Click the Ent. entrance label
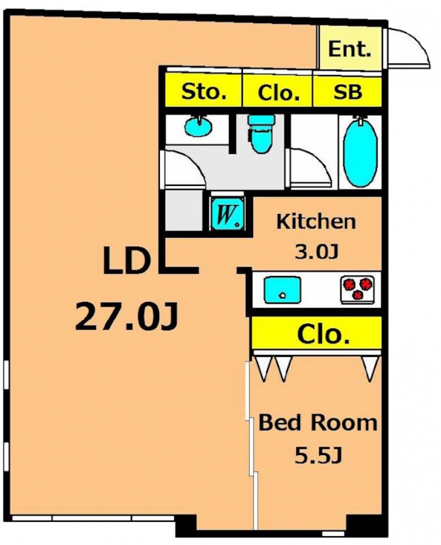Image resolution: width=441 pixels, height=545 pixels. coord(349,49)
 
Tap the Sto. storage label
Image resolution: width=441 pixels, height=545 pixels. coord(204,92)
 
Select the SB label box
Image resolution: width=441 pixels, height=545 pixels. coord(348,92)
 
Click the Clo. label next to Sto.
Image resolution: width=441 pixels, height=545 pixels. coord(278,93)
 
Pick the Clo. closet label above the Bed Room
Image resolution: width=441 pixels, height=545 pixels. coord(323,334)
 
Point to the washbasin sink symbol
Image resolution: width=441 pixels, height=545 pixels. coord(198,126)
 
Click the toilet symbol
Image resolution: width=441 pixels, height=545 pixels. coord(261,134)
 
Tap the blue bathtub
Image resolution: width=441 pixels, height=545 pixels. coord(360,152)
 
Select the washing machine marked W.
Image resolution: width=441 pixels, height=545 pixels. coord(228,213)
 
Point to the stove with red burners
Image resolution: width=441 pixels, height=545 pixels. coord(358,289)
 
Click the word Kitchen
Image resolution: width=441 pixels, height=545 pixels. coord(316,221)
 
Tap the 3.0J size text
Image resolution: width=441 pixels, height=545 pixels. coord(316,252)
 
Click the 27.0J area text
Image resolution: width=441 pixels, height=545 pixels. coord(126,316)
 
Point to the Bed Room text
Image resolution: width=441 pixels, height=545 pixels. coord(318,423)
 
